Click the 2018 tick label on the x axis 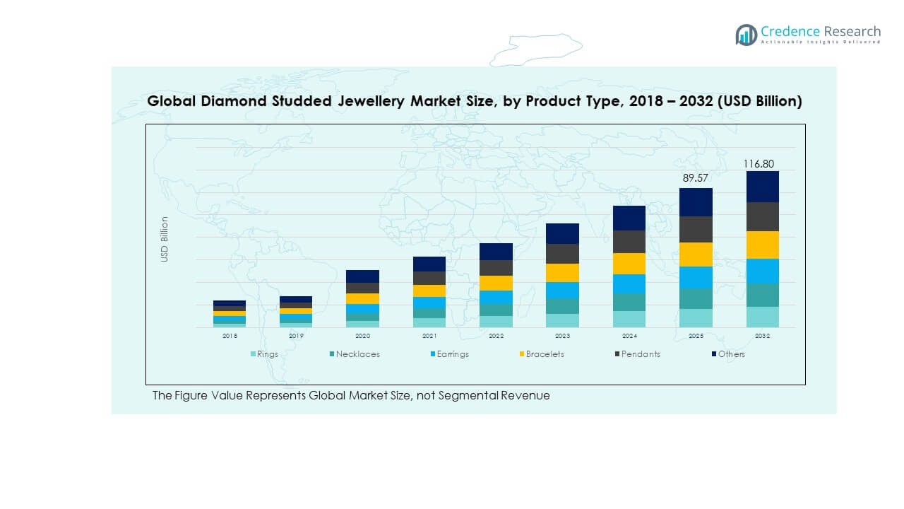230,336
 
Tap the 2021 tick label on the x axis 429,336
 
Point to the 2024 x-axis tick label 629,336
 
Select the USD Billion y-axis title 165,239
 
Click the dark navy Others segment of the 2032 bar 762,187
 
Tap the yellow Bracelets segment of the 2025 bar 696,255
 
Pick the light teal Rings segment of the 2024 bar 629,319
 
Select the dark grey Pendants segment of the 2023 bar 562,254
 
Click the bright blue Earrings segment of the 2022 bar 496,297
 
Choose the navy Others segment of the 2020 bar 362,276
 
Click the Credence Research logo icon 746,35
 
